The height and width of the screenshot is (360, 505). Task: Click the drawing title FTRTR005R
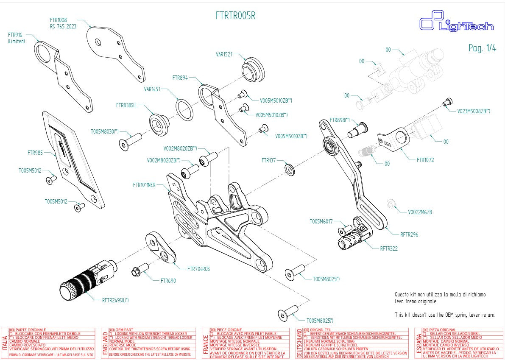(x=235, y=16)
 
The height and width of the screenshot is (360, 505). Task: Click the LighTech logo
(x=456, y=24)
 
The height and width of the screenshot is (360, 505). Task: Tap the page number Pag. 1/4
(x=482, y=48)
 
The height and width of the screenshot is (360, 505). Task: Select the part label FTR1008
(x=58, y=20)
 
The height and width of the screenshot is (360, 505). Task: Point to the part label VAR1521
(x=224, y=54)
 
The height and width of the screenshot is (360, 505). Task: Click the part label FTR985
(x=35, y=152)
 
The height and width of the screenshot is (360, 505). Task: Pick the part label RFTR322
(x=389, y=248)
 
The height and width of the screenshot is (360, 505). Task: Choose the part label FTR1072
(x=425, y=160)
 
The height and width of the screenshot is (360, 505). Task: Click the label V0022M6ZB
(x=419, y=212)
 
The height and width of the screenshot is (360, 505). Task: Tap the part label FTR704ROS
(x=198, y=269)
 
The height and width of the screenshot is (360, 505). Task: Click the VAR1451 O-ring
(x=184, y=109)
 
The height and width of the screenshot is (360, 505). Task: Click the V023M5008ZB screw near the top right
(x=446, y=102)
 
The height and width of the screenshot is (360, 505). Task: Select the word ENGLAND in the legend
(x=105, y=343)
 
